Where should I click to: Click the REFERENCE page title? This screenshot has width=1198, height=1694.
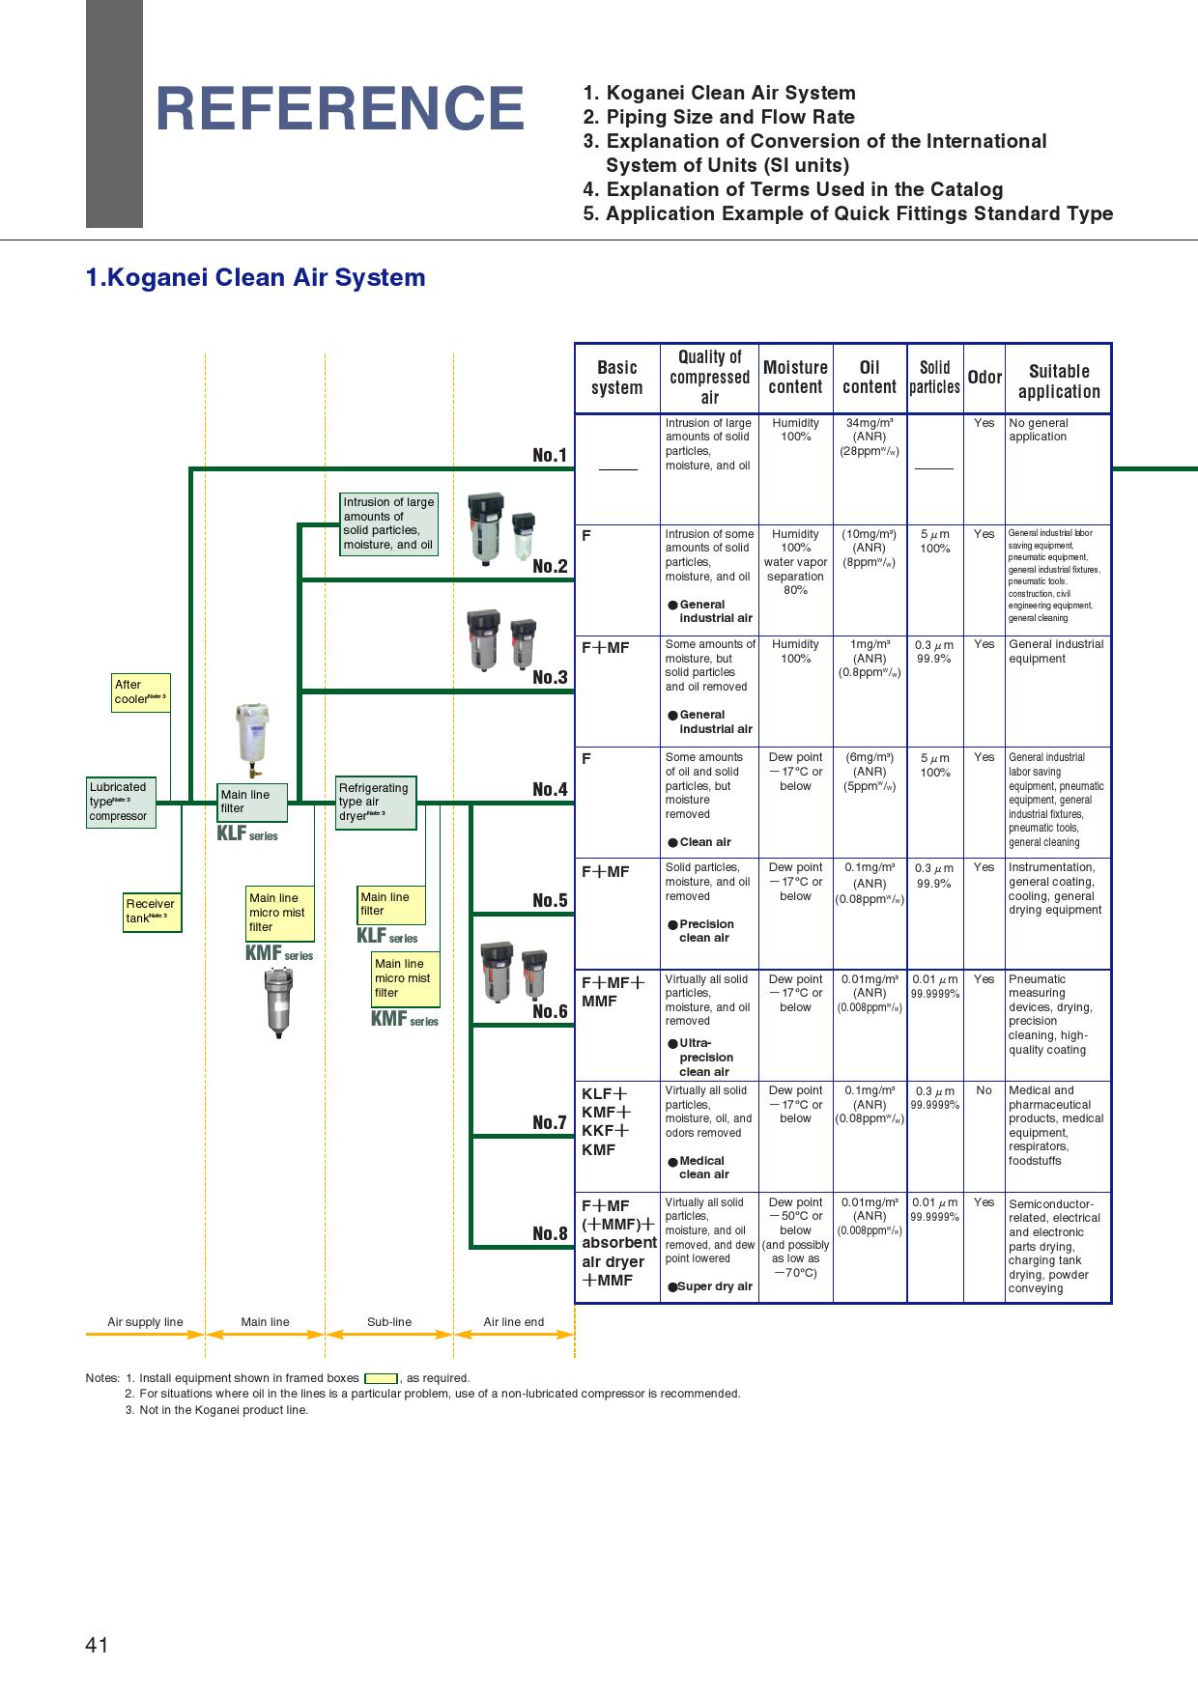pos(339,108)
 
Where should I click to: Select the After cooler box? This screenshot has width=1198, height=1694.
pos(140,692)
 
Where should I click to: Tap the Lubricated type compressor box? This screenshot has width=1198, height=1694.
pos(121,802)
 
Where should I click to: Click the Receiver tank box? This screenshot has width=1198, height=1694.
pos(152,911)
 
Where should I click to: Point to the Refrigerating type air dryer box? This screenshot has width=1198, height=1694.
pos(375,802)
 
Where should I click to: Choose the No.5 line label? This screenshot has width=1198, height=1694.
pos(550,900)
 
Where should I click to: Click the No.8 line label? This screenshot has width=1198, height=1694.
pos(550,1233)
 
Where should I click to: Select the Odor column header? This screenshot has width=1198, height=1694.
pos(984,378)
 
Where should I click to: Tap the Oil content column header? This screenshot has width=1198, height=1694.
pos(869,378)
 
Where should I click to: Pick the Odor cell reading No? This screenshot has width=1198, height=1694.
pos(984,1090)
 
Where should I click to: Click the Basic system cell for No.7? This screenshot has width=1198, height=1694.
pos(606,1121)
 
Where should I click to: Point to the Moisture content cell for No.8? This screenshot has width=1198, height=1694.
pos(795,1237)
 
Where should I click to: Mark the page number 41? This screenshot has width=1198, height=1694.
pos(97,1646)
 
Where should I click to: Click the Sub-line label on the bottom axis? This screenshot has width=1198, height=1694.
pos(388,1322)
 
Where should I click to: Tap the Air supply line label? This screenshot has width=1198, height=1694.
pos(145,1322)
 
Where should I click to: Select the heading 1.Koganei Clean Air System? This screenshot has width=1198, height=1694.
pos(256,278)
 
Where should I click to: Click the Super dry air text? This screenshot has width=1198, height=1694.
pos(714,1286)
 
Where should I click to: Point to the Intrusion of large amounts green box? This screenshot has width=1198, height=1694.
pos(388,523)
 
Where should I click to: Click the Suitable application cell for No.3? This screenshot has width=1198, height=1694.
pos(1056,652)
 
